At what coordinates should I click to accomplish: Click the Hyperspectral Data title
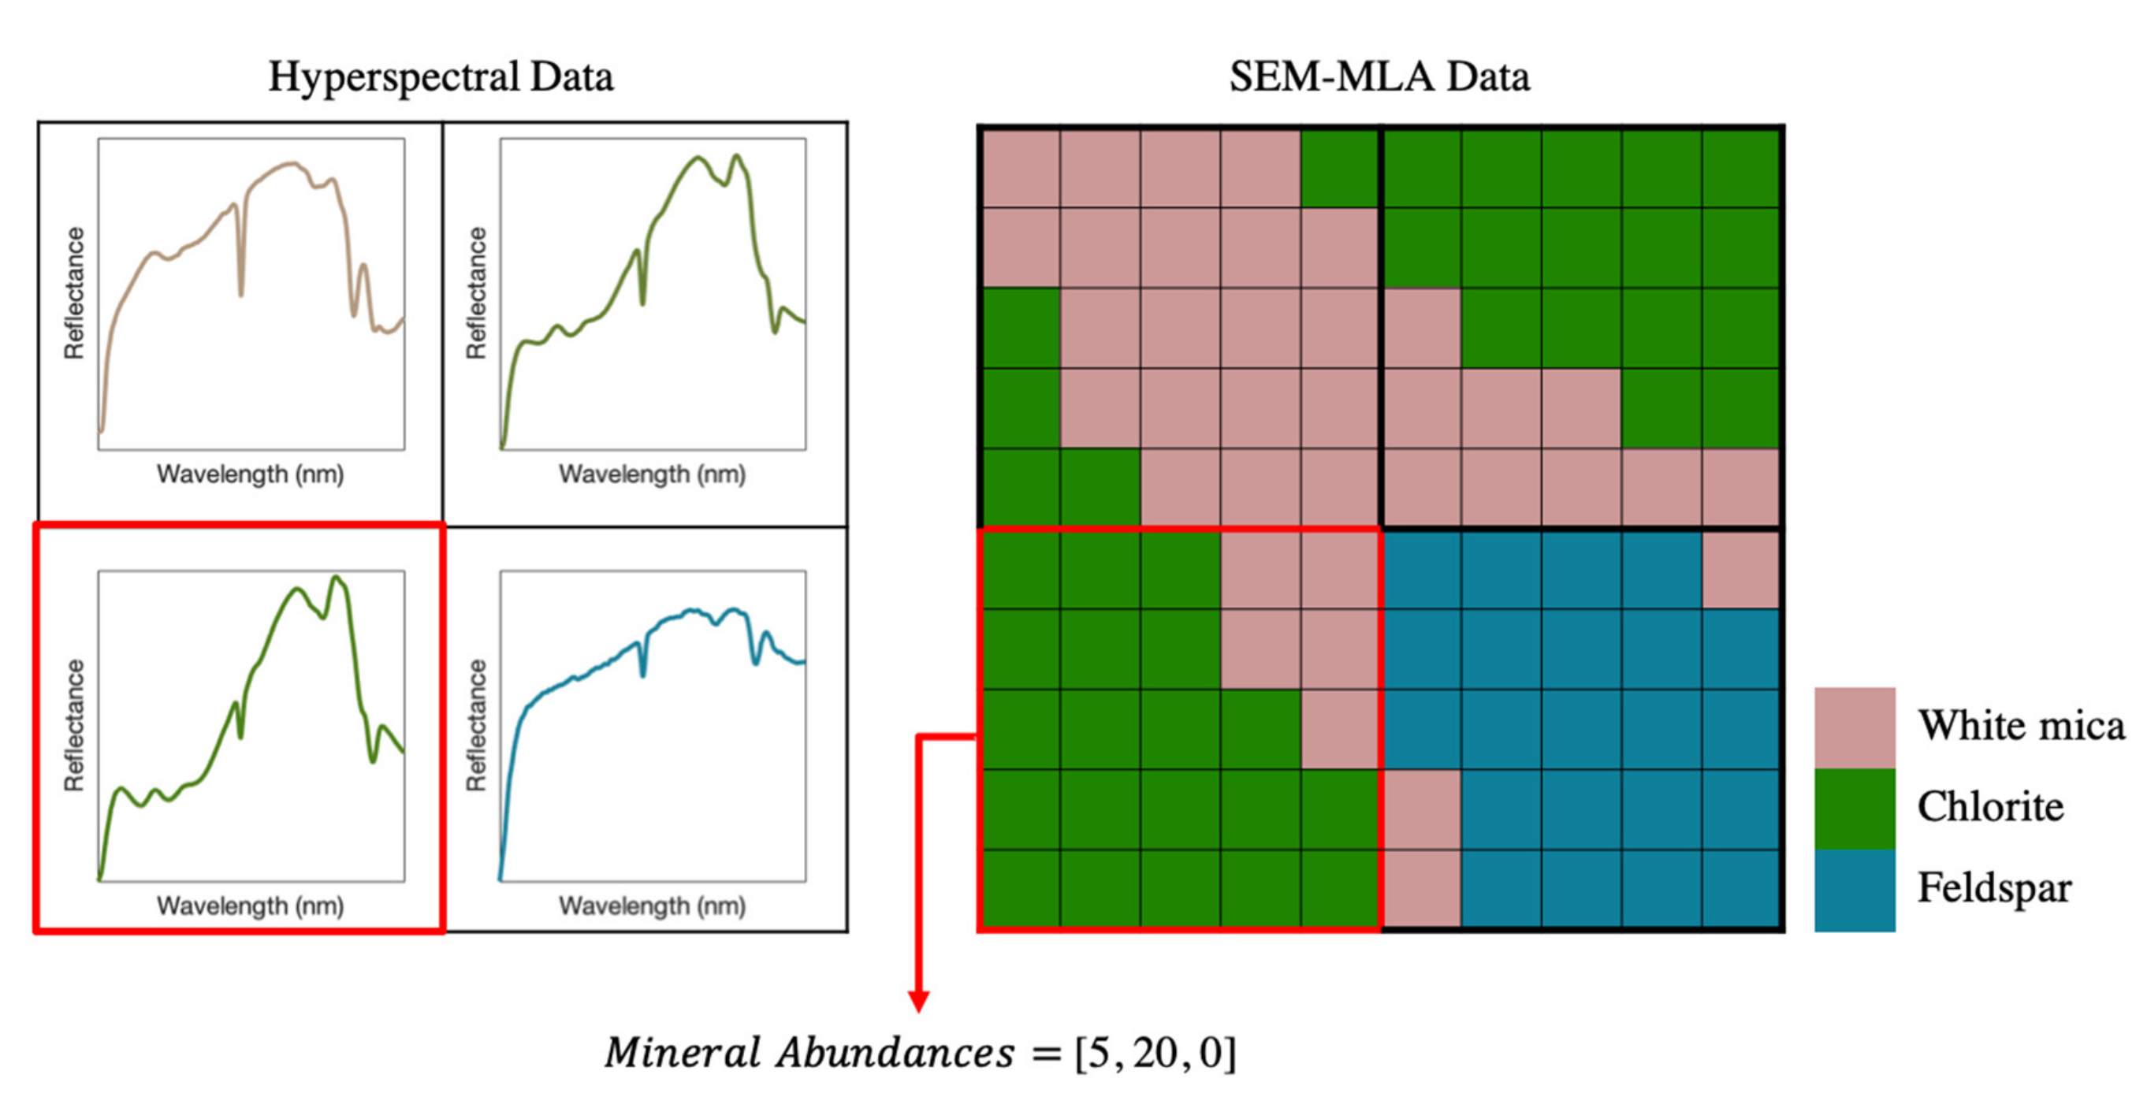[x=440, y=76]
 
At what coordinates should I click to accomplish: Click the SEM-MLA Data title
[x=1379, y=76]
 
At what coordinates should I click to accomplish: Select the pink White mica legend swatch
[x=1855, y=727]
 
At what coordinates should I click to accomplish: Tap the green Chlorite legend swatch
[x=1855, y=808]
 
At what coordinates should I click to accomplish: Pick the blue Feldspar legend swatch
[x=1855, y=890]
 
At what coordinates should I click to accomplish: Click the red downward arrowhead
[x=918, y=1001]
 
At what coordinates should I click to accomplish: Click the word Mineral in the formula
[x=683, y=1053]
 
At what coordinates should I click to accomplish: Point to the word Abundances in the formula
[x=895, y=1053]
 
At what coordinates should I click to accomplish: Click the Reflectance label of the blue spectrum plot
[x=476, y=724]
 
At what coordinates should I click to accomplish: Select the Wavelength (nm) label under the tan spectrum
[x=250, y=474]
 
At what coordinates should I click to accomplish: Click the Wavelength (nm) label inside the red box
[x=250, y=906]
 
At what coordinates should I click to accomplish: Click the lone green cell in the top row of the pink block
[x=1339, y=168]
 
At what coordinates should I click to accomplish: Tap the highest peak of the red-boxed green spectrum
[x=336, y=578]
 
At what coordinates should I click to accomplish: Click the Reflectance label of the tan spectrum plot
[x=74, y=292]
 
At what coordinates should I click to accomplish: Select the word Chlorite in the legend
[x=1990, y=807]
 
